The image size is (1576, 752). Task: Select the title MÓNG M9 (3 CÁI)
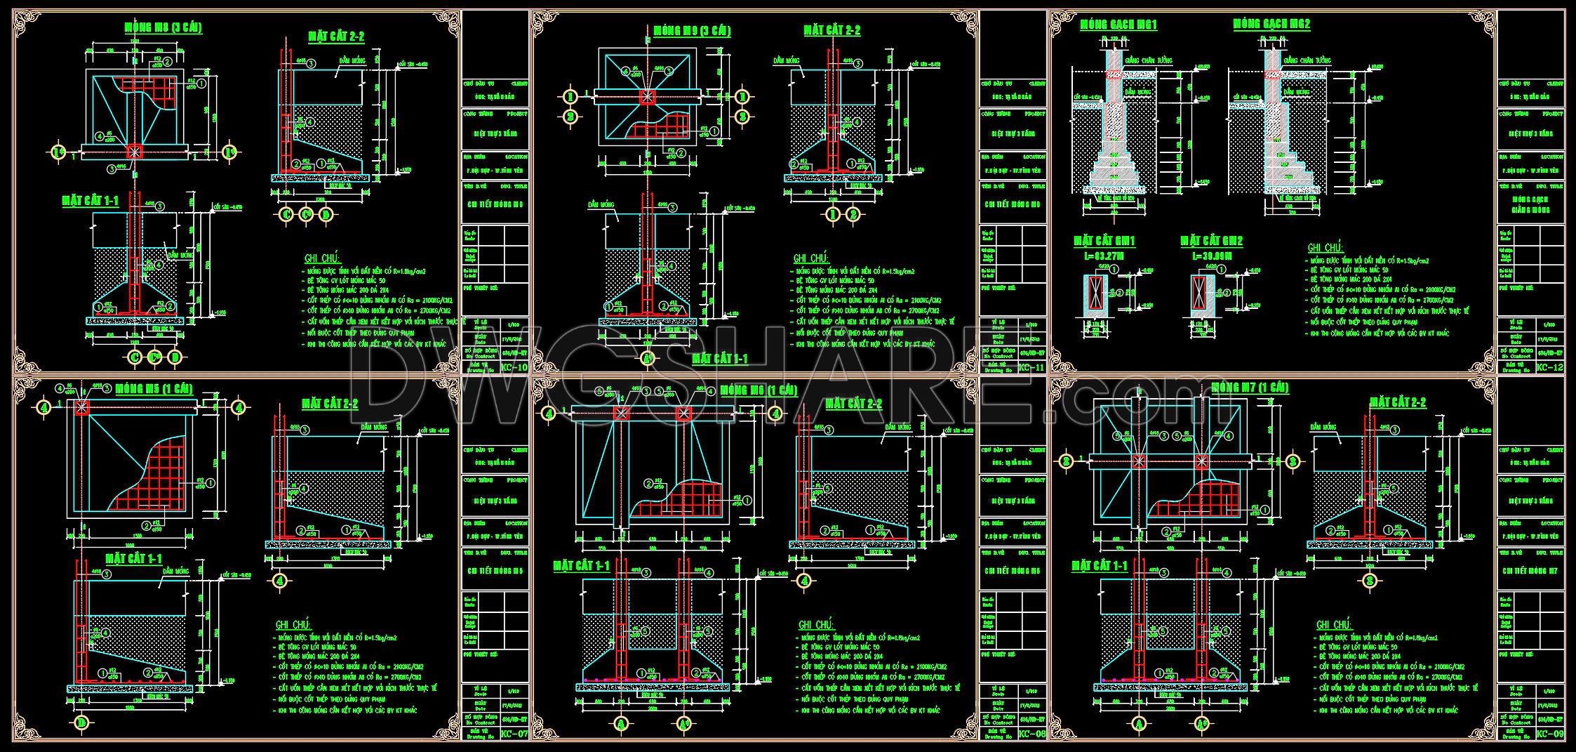tap(691, 31)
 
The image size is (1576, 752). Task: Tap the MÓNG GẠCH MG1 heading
tap(1118, 25)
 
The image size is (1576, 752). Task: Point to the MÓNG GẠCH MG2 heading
tap(1271, 24)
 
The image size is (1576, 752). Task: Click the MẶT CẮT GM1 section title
tap(1104, 241)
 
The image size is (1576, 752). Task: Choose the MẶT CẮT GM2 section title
tap(1211, 241)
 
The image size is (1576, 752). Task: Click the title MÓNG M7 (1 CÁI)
tap(1250, 387)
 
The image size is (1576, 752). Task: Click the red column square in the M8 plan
tap(135, 151)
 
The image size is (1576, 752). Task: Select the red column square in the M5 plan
tap(83, 407)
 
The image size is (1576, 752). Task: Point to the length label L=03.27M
tap(1104, 256)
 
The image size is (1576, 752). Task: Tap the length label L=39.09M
tap(1211, 256)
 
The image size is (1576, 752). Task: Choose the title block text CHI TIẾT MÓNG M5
tap(495, 571)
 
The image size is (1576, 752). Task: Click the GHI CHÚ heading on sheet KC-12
tap(1325, 248)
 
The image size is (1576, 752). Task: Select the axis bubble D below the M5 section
tap(82, 722)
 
